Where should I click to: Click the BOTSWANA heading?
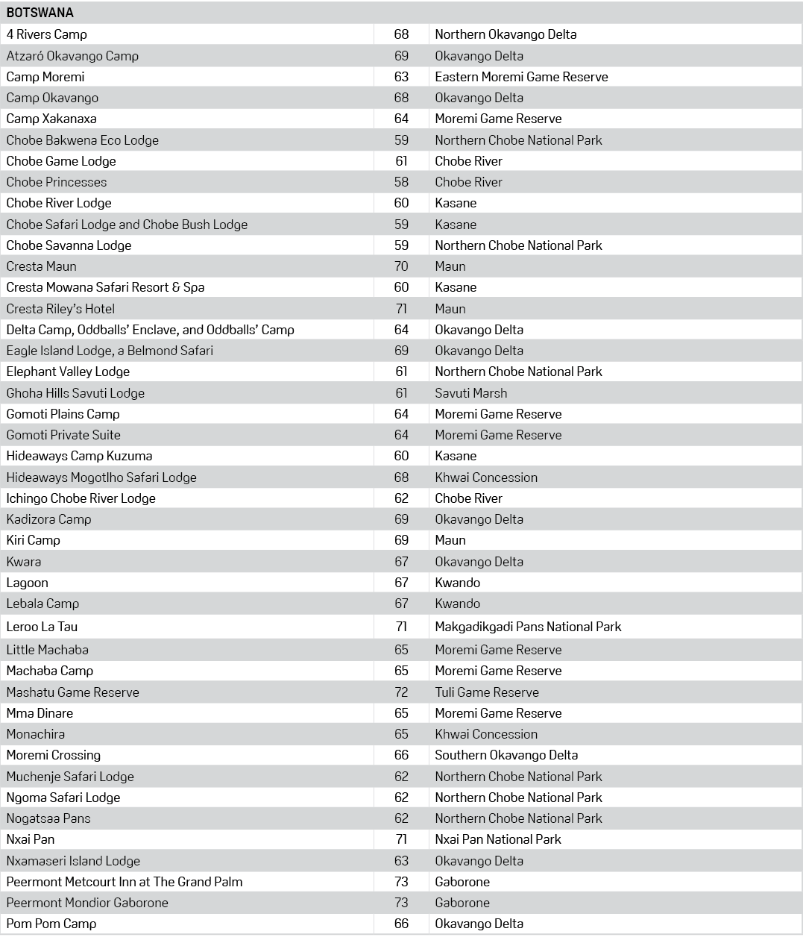tap(40, 13)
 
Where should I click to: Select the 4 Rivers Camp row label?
tap(46, 34)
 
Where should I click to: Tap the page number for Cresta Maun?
tap(401, 266)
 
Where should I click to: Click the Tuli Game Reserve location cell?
tap(487, 692)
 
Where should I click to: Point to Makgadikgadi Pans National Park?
tap(528, 627)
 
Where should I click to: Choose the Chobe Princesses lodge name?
tap(57, 182)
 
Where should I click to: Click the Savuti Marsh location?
tap(471, 393)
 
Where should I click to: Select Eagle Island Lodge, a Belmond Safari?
tap(110, 351)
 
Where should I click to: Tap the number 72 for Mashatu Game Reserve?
tap(401, 692)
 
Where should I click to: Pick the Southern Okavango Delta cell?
tap(506, 755)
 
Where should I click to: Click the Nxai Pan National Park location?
tap(498, 839)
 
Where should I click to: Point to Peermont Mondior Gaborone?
tap(87, 903)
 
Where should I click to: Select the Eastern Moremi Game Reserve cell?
tap(521, 77)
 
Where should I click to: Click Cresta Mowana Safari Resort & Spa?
tap(105, 287)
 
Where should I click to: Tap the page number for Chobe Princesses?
tap(401, 182)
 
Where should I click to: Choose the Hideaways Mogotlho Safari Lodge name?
tap(101, 477)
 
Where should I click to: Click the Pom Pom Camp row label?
tap(51, 924)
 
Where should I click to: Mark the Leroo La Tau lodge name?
tap(42, 627)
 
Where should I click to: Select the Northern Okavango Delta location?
tap(506, 34)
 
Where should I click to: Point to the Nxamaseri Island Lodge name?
tap(73, 861)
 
